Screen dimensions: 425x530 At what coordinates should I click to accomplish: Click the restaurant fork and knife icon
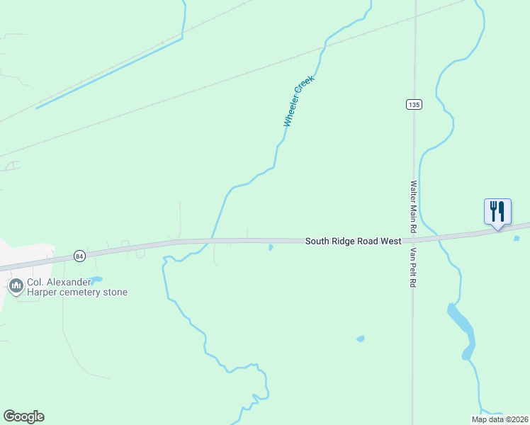[x=497, y=211]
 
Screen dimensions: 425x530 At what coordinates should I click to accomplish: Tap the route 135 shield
[x=414, y=104]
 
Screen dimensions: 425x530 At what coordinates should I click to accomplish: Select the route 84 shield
[x=79, y=256]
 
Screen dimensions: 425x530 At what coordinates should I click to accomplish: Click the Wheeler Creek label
[x=298, y=102]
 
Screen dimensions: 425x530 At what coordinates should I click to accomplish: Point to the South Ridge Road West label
[x=353, y=242]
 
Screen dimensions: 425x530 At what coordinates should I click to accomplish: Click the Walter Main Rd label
[x=413, y=207]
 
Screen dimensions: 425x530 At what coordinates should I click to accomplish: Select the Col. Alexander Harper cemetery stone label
[x=77, y=287]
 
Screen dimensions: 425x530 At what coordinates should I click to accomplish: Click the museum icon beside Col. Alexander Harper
[x=16, y=286]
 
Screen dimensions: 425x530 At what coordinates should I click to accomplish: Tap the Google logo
[x=23, y=416]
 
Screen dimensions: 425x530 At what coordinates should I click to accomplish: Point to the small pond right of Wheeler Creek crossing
[x=271, y=247]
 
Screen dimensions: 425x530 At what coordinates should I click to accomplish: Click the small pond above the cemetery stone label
[x=96, y=279]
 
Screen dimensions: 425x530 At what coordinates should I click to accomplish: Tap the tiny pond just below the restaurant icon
[x=516, y=238]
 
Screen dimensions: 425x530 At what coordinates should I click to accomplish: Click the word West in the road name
[x=389, y=242]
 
